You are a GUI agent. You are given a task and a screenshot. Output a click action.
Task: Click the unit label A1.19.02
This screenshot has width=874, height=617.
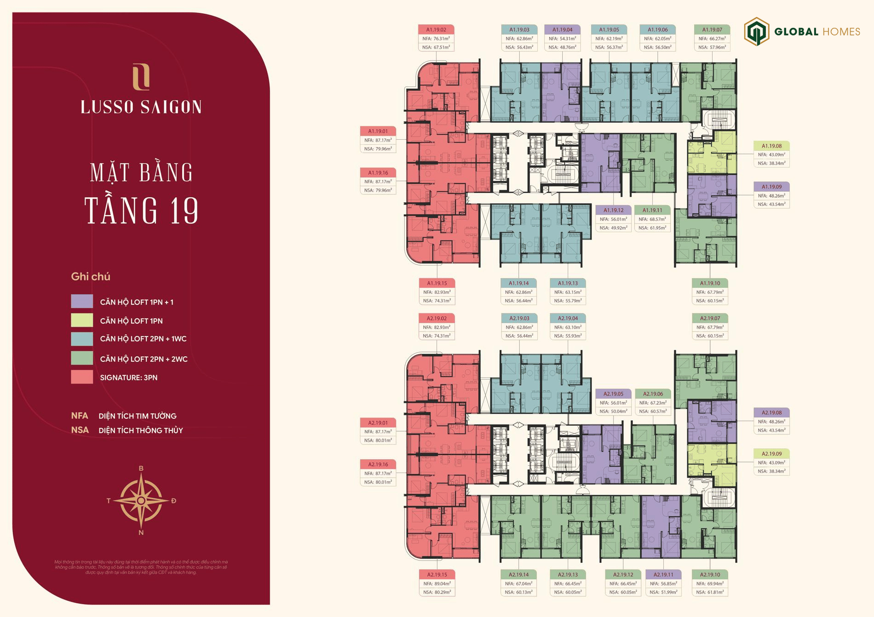click(x=436, y=30)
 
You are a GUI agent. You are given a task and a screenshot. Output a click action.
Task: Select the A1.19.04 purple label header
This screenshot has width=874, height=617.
click(x=562, y=30)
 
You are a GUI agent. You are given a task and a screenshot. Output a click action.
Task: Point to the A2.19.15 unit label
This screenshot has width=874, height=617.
click(x=437, y=575)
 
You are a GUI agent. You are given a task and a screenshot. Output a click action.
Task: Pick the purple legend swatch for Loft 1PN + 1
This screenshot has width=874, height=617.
click(x=82, y=302)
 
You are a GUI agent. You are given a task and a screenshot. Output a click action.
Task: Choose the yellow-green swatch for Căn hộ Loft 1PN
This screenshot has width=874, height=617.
click(x=82, y=320)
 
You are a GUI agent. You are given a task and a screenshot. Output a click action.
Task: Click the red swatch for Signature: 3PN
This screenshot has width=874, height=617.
click(x=82, y=377)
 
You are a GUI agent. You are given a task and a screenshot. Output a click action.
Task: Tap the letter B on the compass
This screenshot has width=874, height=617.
click(x=141, y=468)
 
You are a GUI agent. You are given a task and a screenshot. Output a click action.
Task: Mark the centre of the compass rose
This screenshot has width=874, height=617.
click(x=141, y=500)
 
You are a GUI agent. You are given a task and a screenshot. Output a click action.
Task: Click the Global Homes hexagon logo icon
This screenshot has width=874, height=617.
click(x=757, y=31)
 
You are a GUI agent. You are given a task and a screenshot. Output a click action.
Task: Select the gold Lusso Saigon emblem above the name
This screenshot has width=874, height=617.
click(x=141, y=77)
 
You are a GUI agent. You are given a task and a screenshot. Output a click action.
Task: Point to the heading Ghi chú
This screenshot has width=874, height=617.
click(x=91, y=277)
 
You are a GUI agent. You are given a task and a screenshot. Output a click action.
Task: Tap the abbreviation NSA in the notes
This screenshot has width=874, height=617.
click(x=80, y=430)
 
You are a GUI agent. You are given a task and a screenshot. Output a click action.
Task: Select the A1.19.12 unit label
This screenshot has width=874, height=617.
click(x=613, y=211)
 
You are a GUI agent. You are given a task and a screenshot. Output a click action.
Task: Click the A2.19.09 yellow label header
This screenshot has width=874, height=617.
click(x=771, y=454)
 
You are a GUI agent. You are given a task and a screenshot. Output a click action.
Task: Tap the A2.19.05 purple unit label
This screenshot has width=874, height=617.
click(x=613, y=394)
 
